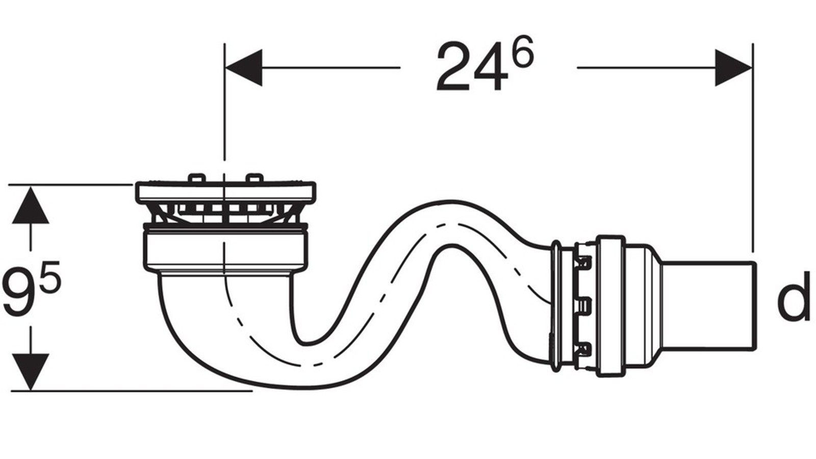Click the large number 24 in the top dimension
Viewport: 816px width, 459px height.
coord(472,67)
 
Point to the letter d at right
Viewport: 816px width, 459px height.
coord(793,296)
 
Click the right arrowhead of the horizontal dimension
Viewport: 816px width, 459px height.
coord(732,67)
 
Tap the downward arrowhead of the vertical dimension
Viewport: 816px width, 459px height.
coord(31,371)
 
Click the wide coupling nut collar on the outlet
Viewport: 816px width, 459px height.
coord(611,306)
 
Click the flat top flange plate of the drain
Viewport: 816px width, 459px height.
coord(225,191)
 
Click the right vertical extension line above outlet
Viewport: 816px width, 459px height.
coord(753,153)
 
